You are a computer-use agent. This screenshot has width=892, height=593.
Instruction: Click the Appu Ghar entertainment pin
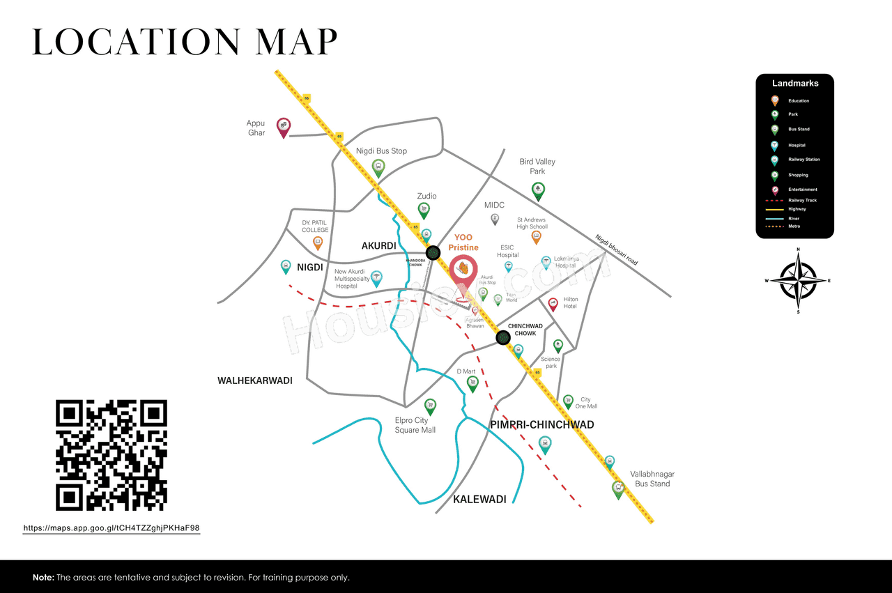click(284, 126)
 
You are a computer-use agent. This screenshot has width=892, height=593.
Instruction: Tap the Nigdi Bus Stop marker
click(378, 167)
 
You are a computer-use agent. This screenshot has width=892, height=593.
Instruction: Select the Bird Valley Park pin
click(537, 189)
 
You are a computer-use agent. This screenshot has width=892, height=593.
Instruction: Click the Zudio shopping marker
click(424, 209)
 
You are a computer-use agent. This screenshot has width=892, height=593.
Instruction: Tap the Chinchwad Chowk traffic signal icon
click(503, 338)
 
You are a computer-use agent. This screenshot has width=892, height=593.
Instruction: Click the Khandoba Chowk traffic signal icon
click(433, 252)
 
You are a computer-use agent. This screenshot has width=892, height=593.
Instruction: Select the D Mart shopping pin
click(472, 383)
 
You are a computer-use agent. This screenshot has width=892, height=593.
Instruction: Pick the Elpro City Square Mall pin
click(430, 406)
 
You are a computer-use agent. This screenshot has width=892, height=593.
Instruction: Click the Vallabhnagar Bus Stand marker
click(617, 488)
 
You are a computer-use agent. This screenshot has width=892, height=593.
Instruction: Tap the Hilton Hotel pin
click(553, 304)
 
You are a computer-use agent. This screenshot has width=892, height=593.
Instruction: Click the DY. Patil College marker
click(318, 242)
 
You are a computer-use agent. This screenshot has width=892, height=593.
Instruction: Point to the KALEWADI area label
click(479, 500)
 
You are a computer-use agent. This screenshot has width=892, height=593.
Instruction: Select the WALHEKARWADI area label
click(254, 380)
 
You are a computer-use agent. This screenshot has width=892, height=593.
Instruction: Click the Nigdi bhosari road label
click(616, 249)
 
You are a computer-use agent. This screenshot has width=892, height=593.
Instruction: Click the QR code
click(111, 455)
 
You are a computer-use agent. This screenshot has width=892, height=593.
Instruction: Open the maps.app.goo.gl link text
click(111, 528)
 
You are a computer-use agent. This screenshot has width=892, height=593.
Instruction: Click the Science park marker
click(557, 345)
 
